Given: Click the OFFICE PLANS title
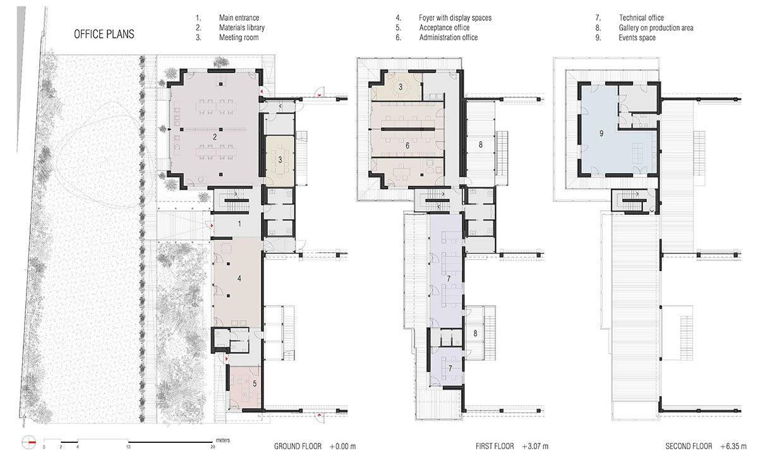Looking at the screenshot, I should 104,34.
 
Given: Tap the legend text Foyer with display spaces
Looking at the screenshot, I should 455,18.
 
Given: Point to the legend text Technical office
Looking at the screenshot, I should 641,18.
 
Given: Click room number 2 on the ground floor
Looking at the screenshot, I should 215,136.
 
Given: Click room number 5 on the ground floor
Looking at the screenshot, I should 254,383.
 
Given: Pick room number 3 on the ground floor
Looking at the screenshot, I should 280,160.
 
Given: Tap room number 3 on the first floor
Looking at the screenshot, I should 400,86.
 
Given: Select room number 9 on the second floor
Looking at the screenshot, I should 601,133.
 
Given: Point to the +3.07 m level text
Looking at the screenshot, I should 535,446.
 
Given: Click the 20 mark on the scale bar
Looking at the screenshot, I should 213,447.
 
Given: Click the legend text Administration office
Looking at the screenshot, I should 448,38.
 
